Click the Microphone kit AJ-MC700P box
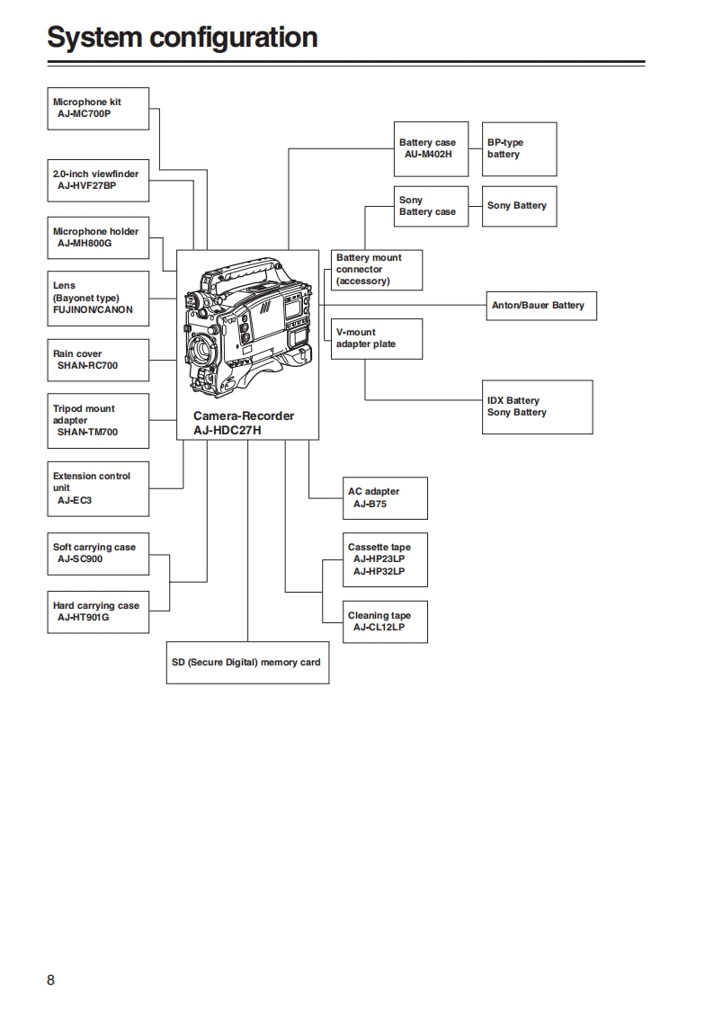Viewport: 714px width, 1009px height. point(98,109)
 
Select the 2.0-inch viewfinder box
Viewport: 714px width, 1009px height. point(98,181)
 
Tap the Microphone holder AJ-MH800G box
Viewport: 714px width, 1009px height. point(98,238)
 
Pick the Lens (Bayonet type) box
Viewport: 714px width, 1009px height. point(98,298)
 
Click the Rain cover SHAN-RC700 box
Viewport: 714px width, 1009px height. point(98,361)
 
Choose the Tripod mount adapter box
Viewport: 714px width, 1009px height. point(98,420)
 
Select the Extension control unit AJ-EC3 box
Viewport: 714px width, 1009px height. point(98,488)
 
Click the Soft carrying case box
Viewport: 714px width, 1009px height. point(98,554)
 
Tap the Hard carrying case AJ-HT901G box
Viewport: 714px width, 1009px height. point(98,612)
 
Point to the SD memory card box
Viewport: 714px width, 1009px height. point(247,663)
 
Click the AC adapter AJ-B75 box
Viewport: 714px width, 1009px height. point(385,498)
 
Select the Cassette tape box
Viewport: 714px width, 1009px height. point(385,559)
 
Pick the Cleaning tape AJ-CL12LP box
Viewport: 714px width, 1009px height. point(385,621)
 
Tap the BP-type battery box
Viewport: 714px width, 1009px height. point(520,148)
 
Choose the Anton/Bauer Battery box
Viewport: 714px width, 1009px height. point(540,306)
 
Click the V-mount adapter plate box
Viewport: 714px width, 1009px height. point(377,339)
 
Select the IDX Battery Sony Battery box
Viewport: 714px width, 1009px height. point(537,407)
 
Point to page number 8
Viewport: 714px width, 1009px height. point(50,979)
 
